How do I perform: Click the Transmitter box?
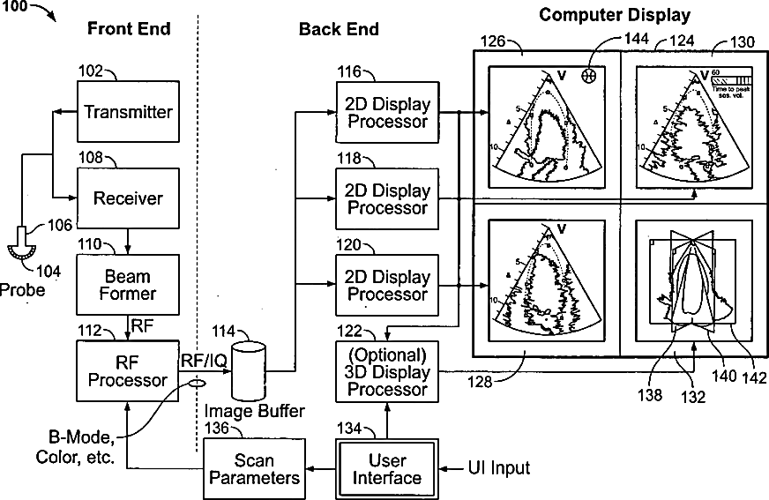128,112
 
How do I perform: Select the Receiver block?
128,198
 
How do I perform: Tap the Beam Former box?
128,284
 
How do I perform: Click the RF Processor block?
128,369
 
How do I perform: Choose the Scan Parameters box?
255,468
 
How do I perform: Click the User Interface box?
387,468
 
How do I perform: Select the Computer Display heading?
615,14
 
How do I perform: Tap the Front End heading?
129,29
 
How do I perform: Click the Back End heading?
339,29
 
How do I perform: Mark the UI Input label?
498,468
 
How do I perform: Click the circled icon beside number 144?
589,77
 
